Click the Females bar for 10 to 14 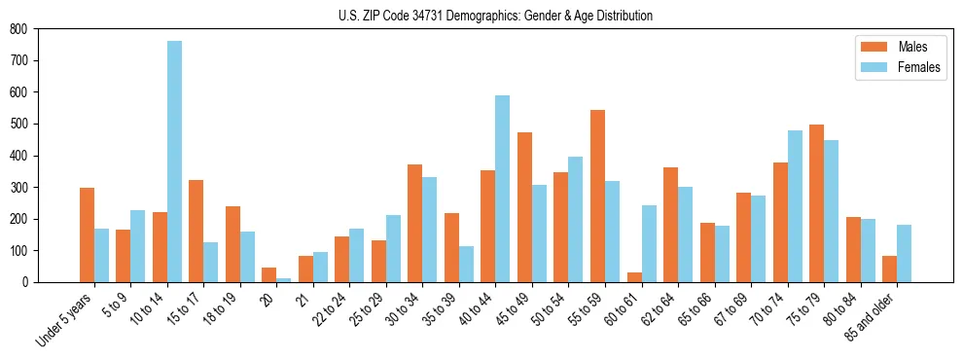point(174,162)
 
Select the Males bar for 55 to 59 point(597,196)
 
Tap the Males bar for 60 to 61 point(634,277)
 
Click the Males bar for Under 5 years point(87,234)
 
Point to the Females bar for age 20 point(283,280)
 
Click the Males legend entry point(895,47)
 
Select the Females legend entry point(895,68)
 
